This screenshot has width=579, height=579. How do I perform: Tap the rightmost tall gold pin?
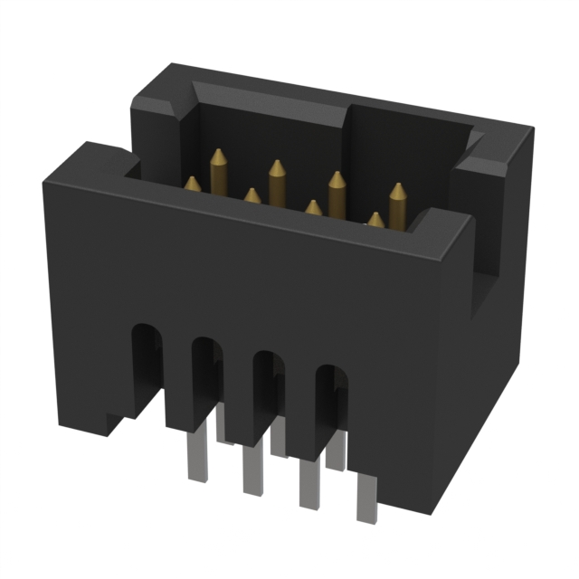(x=397, y=204)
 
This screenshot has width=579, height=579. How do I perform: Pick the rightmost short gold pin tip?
(x=375, y=219)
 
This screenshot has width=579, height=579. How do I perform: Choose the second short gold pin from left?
(x=252, y=195)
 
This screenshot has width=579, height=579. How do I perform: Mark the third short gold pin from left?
(x=313, y=208)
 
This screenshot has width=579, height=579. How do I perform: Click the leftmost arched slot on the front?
(x=144, y=356)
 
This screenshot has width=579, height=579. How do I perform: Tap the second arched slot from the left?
(x=205, y=371)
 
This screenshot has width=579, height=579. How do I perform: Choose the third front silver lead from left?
(x=308, y=484)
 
